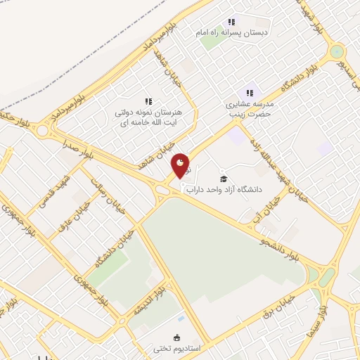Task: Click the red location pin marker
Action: click(x=181, y=166)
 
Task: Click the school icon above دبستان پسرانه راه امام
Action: click(x=231, y=22)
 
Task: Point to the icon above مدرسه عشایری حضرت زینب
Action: click(x=249, y=93)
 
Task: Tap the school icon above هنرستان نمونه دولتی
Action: click(x=148, y=102)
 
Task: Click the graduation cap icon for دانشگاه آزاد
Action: click(x=224, y=179)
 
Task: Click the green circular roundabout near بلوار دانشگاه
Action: click(x=337, y=51)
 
